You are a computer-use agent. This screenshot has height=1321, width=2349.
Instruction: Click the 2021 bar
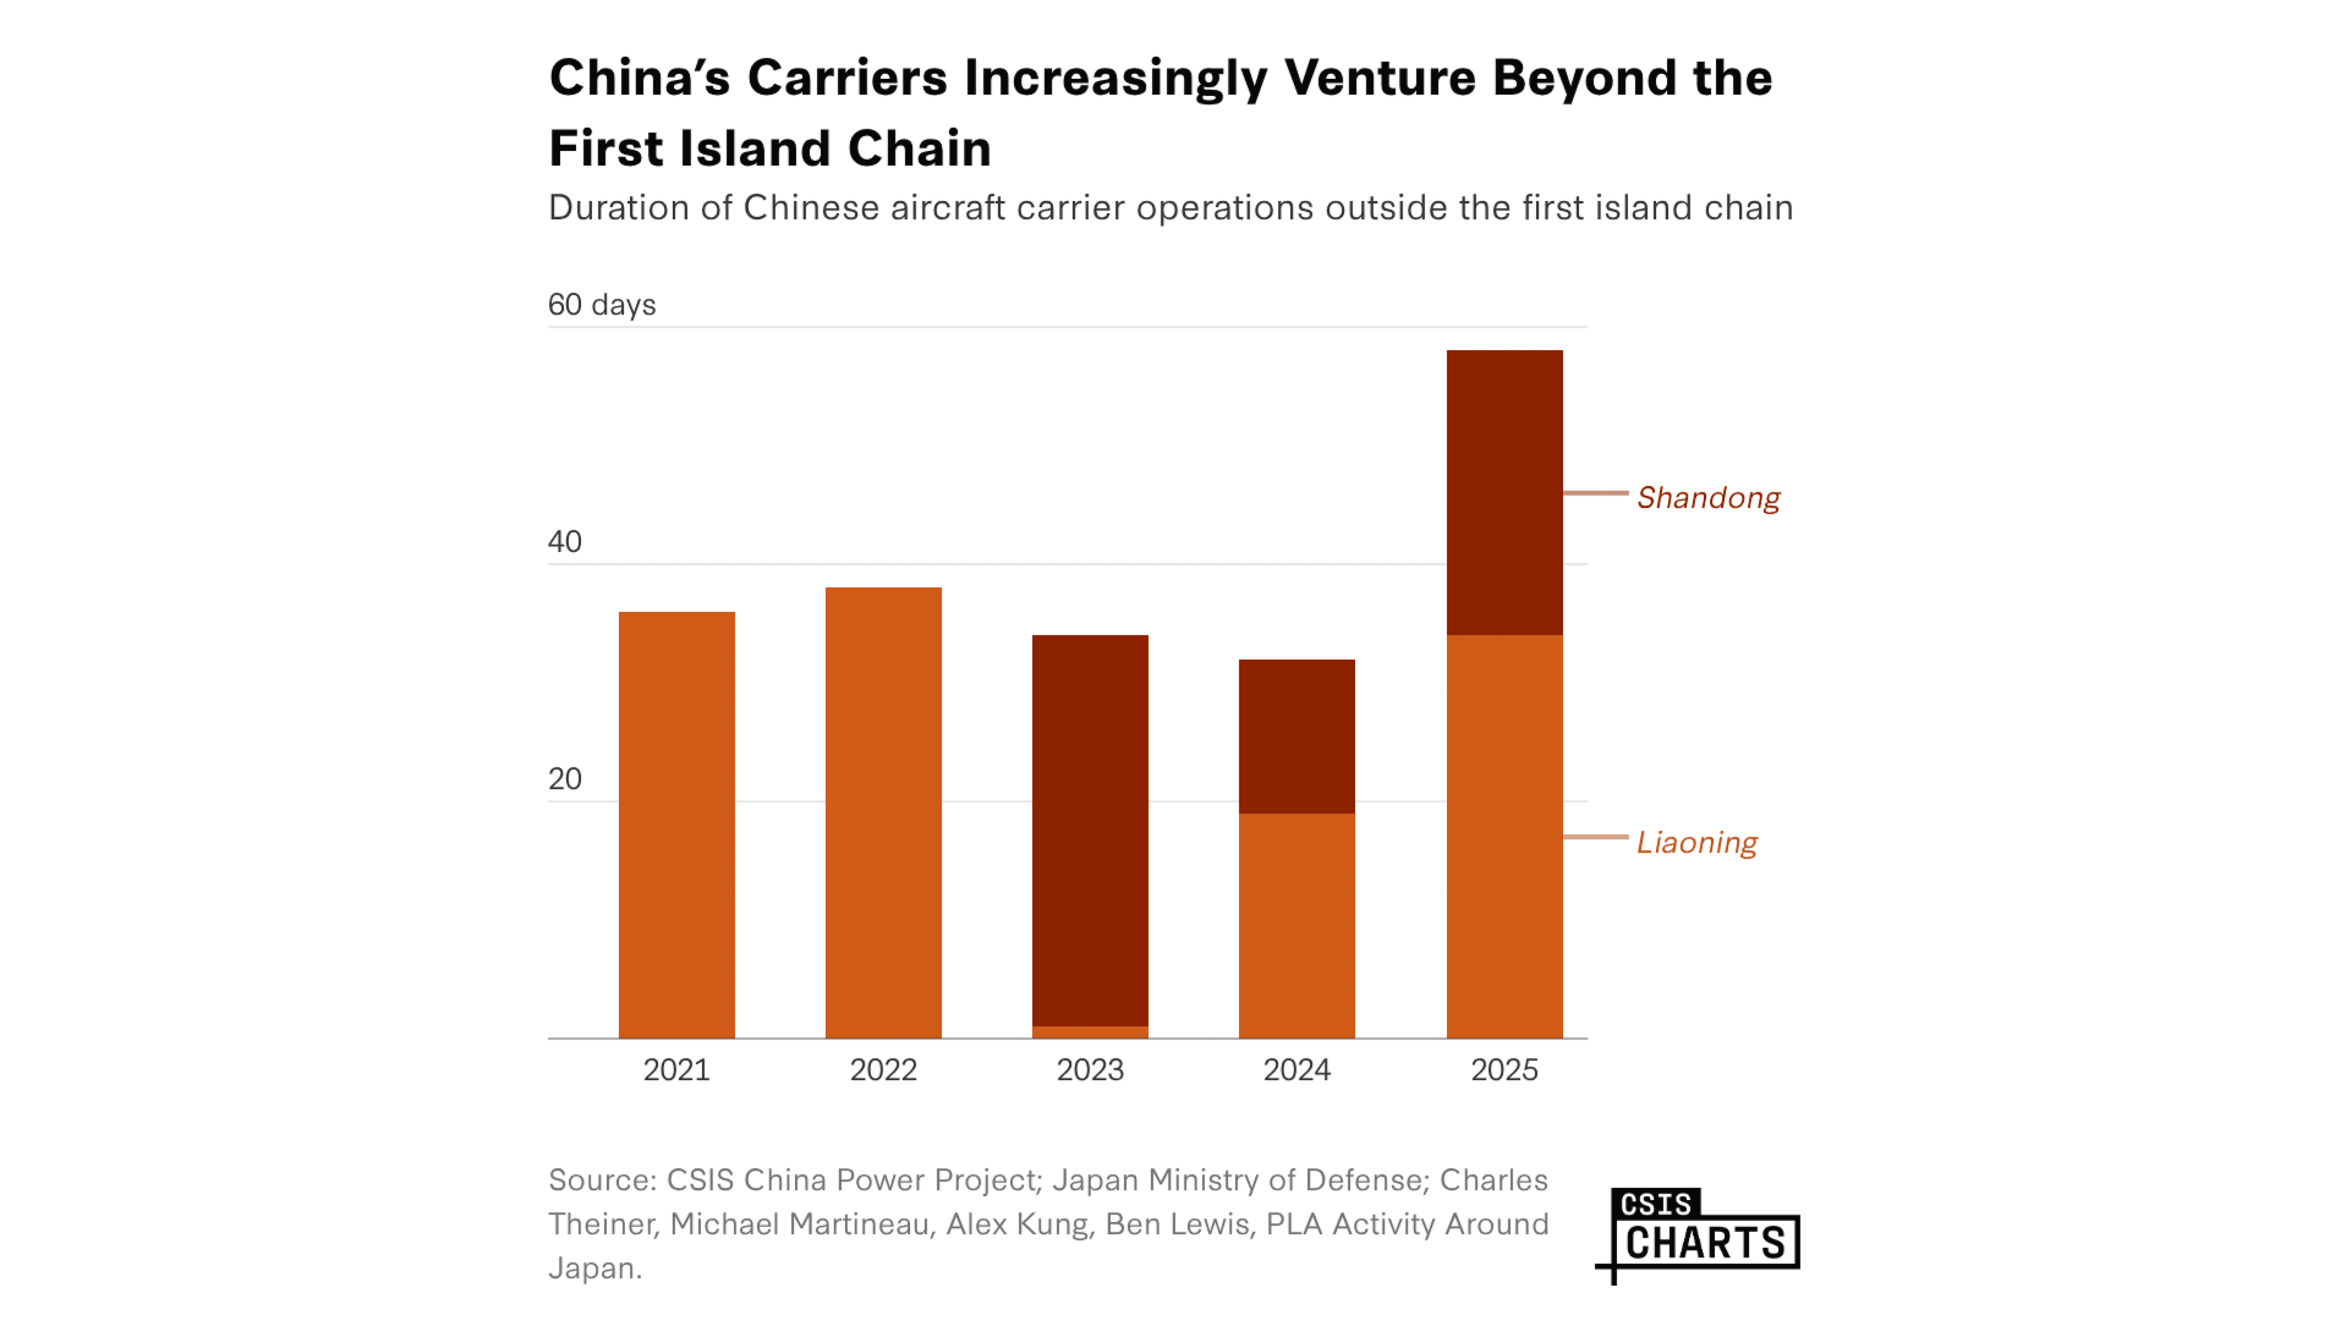click(677, 825)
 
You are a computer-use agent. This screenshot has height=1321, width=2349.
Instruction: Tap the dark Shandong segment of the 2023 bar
click(1089, 831)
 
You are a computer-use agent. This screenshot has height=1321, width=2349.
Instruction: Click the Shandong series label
click(1707, 498)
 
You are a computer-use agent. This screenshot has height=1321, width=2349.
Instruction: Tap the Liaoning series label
click(1696, 842)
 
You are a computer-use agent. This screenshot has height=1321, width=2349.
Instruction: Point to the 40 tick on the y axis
click(565, 541)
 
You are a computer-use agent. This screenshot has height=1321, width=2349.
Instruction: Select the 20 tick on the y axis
click(565, 779)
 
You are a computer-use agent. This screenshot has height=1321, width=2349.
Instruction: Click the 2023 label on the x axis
click(1089, 1070)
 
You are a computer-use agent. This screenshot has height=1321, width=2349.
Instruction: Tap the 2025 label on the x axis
click(1504, 1070)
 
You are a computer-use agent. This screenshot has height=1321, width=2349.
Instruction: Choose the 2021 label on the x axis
click(677, 1070)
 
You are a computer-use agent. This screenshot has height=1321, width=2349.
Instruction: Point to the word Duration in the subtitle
click(617, 208)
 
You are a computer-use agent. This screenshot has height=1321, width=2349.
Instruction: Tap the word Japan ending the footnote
click(593, 1268)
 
